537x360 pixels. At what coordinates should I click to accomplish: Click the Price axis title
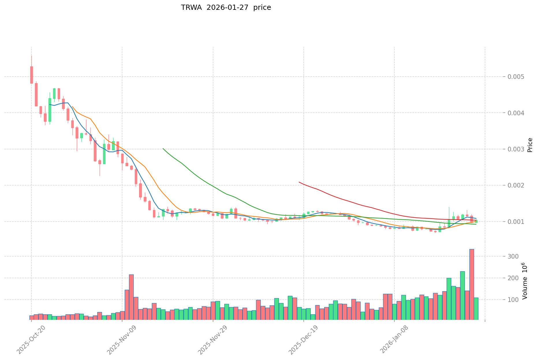(x=530, y=145)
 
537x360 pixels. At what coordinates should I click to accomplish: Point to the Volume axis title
(x=525, y=281)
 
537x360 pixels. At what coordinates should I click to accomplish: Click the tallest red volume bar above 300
(x=471, y=284)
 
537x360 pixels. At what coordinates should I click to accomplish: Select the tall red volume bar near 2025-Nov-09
(x=131, y=297)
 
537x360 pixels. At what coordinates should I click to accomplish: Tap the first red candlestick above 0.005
(x=31, y=75)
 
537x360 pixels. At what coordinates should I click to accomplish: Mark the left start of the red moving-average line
(x=299, y=182)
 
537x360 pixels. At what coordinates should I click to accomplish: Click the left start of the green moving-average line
(x=163, y=149)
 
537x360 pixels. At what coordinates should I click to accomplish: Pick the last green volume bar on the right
(x=476, y=309)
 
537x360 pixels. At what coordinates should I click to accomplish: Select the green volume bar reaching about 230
(x=463, y=295)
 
